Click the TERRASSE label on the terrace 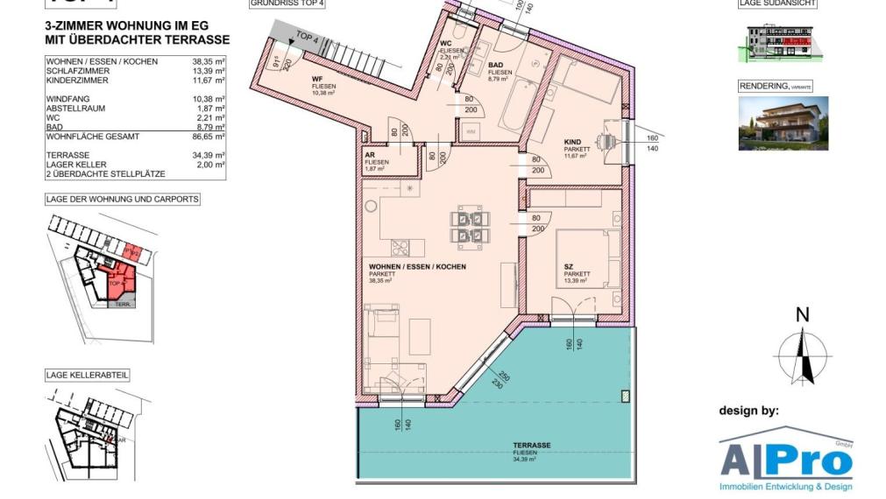[531, 445]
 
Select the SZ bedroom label [569, 266]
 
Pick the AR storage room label [371, 154]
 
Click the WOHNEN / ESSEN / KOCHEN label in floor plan [417, 266]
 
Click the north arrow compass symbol [801, 355]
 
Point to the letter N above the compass [802, 316]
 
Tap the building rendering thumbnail [783, 123]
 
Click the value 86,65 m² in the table [209, 137]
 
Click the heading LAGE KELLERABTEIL [88, 375]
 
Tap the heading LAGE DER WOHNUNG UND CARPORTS [123, 200]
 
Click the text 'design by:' [748, 410]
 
